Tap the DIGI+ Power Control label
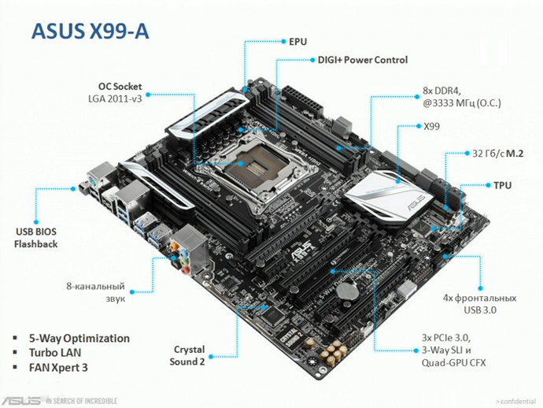[362, 60]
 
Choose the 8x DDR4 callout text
[445, 91]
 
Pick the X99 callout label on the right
[432, 126]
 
